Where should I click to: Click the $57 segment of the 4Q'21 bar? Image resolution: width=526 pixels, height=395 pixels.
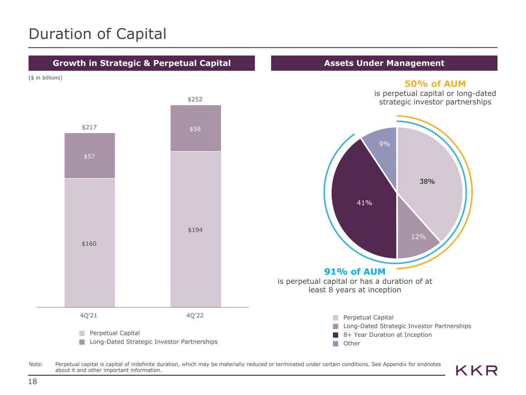pos(89,156)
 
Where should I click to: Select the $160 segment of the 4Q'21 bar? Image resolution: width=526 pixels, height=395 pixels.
pos(89,243)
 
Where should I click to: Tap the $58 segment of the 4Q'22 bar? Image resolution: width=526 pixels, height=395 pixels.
pos(195,128)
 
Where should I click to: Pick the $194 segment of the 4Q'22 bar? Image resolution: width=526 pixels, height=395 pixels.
pos(195,230)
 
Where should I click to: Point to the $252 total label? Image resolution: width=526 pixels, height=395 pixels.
pos(195,100)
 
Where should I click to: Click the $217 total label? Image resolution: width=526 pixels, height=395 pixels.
pos(89,127)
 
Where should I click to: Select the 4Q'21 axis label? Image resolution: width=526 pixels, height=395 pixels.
pos(89,316)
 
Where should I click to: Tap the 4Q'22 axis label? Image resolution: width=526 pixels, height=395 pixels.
pos(195,316)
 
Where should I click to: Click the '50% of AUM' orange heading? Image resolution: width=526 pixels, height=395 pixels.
pos(435,84)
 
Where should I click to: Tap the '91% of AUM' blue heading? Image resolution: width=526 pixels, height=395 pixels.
pos(355,272)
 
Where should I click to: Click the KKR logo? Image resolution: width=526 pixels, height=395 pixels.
pos(477,371)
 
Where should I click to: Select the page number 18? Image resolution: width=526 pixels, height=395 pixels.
pos(33,382)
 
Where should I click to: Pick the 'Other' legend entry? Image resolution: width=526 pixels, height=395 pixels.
pos(351,343)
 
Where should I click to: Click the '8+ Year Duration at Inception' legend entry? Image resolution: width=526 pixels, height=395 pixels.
pos(387,335)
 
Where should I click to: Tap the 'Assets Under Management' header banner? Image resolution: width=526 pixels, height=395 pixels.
pos(384,63)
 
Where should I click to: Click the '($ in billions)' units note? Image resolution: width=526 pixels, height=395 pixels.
pos(45,78)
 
